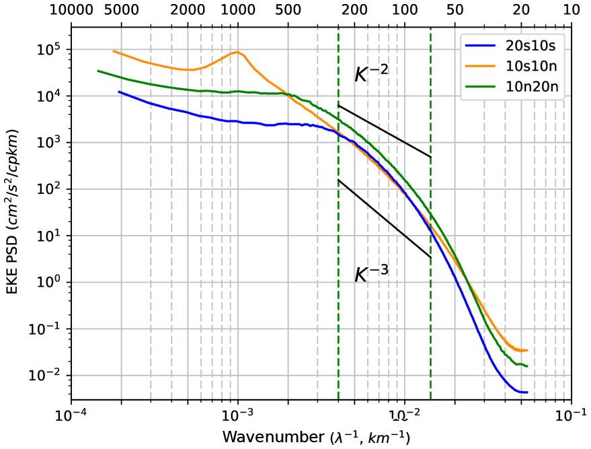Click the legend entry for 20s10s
(x=535, y=46)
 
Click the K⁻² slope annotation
(x=372, y=73)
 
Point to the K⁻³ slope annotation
(x=372, y=273)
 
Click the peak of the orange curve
(x=237, y=52)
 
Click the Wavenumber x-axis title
(x=316, y=437)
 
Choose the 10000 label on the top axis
(x=72, y=10)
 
